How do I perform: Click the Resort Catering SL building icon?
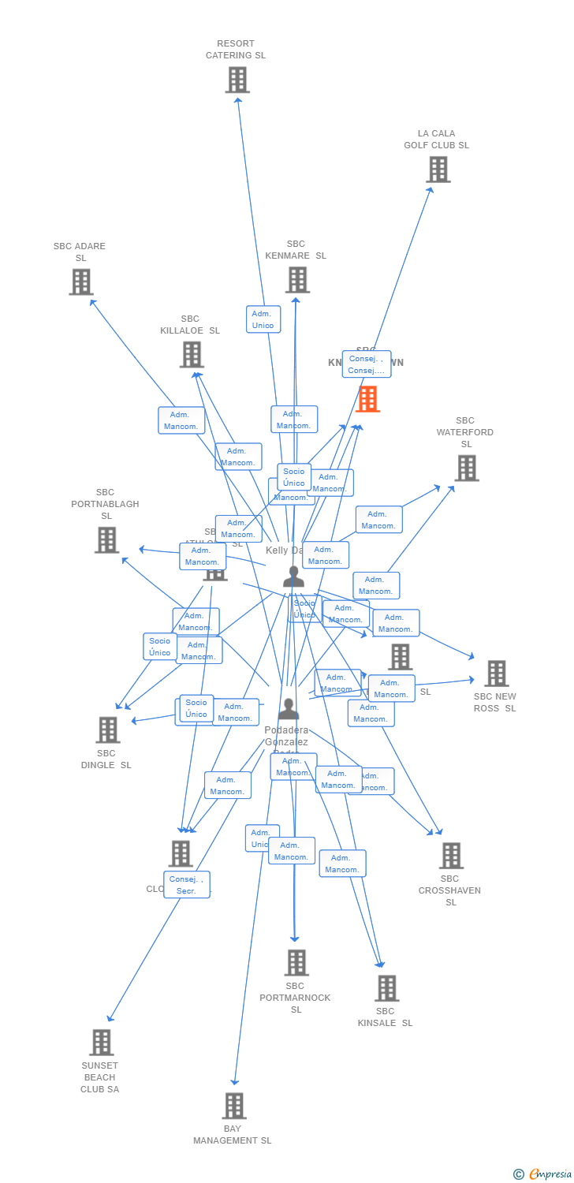[237, 80]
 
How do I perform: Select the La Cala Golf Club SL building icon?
[438, 169]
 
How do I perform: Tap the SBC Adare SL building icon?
[80, 282]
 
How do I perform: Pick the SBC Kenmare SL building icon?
[296, 279]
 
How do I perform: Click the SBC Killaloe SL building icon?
[192, 354]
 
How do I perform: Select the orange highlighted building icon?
[367, 399]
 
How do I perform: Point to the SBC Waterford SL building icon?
[466, 468]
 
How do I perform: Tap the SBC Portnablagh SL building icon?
[106, 539]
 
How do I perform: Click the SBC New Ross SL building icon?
[496, 673]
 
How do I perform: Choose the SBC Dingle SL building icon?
[107, 730]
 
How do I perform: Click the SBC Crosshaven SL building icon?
[450, 855]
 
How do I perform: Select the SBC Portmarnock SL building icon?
[296, 962]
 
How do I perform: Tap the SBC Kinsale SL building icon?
[386, 987]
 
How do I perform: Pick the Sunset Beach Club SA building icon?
[101, 1042]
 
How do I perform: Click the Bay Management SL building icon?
[233, 1105]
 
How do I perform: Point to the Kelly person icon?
[293, 577]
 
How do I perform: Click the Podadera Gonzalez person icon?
[289, 709]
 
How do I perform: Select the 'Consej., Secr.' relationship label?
[187, 885]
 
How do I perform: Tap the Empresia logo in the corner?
[544, 1174]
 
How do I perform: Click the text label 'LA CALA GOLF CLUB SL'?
[436, 140]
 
